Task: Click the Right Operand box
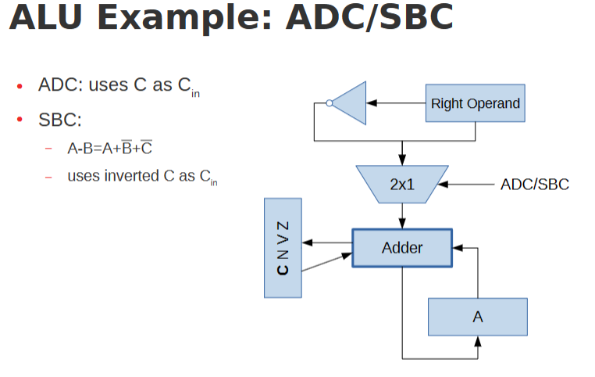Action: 475,103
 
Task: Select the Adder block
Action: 401,248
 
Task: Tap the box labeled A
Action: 477,317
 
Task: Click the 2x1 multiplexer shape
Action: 401,185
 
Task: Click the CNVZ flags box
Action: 283,247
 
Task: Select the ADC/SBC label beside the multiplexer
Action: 534,185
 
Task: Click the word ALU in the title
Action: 48,17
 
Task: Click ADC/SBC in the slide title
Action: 369,17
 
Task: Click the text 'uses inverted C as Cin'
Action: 141,177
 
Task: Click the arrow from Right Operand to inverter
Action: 395,102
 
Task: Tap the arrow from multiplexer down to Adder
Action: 402,215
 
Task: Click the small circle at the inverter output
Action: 330,102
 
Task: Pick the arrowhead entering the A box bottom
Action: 477,341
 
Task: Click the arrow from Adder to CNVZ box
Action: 326,242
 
